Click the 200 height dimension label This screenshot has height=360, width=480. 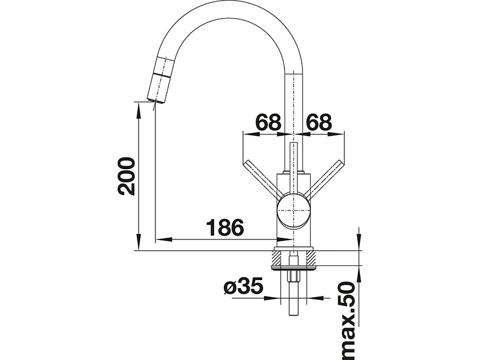click(126, 176)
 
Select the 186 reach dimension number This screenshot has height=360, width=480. click(224, 227)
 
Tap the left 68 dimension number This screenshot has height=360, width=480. click(268, 122)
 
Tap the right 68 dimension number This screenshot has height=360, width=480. click(319, 122)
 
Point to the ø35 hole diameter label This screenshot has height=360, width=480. click(244, 287)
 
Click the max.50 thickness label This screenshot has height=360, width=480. click(347, 321)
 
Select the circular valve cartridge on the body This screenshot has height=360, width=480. click(293, 211)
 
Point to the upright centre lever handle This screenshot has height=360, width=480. click(293, 169)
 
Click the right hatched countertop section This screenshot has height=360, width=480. click(311, 257)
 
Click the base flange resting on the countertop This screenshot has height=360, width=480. click(293, 248)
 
